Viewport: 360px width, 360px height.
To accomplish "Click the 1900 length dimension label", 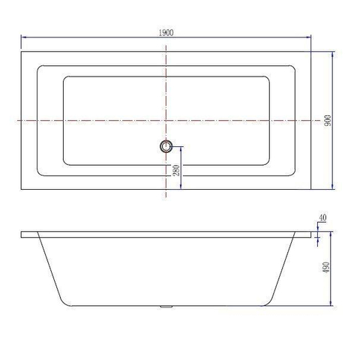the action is click(166, 32).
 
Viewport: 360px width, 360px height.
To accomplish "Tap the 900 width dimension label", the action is click(328, 120).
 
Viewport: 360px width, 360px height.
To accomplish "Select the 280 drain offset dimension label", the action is click(176, 170).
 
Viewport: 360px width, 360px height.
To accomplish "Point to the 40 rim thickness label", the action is click(322, 217).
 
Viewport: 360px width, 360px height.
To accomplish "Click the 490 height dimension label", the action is click(326, 267).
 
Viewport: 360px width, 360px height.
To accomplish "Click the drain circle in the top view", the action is click(166, 146).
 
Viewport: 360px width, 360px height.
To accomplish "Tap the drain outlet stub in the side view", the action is click(166, 307).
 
